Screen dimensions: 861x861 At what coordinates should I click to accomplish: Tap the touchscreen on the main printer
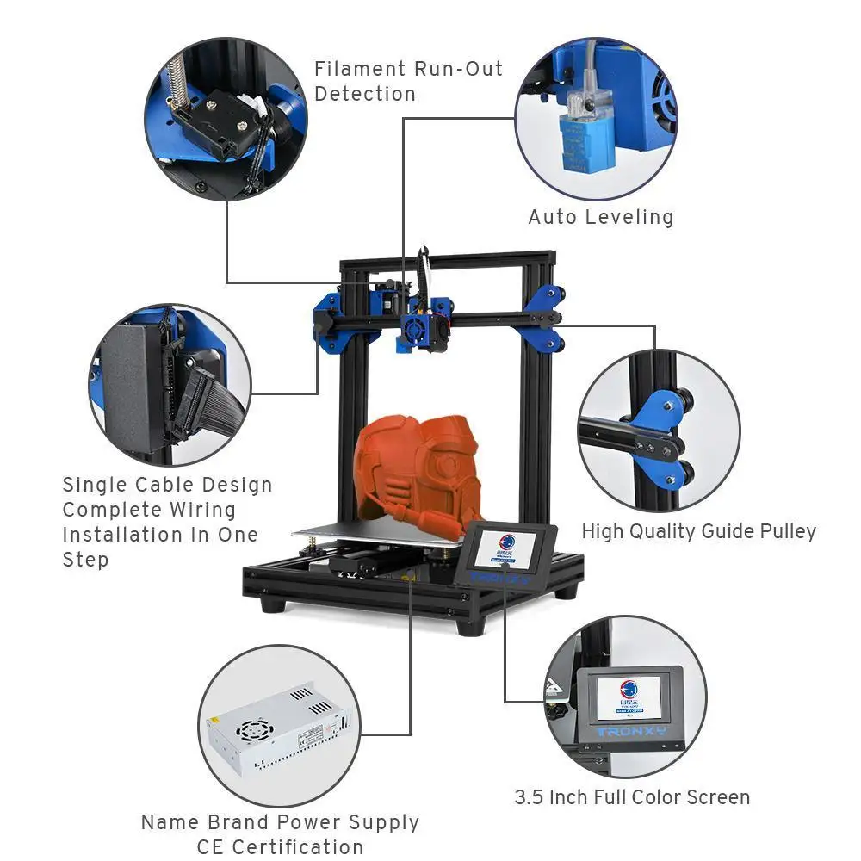click(505, 551)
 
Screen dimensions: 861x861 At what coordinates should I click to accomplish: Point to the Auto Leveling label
click(600, 217)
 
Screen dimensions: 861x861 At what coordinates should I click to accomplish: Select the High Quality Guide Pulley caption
click(698, 531)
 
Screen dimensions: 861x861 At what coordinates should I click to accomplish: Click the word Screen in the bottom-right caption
click(715, 797)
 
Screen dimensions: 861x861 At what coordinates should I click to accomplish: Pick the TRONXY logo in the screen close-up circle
click(630, 732)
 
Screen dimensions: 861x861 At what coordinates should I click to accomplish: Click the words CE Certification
click(280, 846)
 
